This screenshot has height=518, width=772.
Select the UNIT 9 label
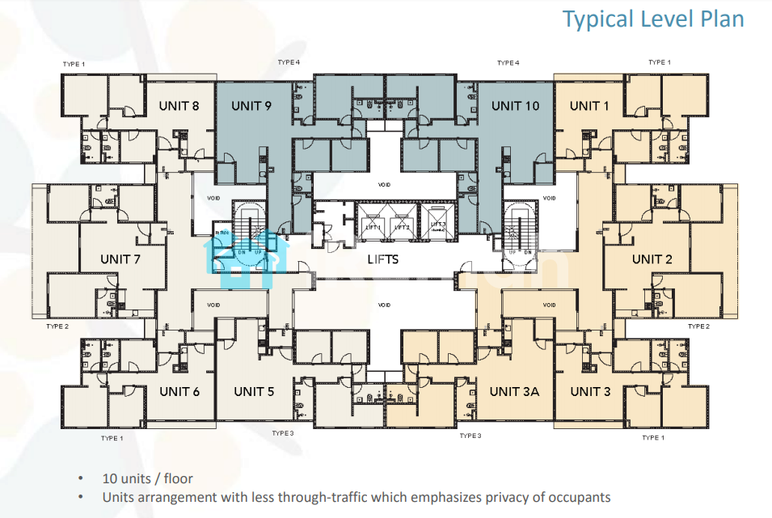point(251,106)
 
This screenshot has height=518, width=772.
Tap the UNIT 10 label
point(515,106)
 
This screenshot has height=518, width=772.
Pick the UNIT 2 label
point(652,259)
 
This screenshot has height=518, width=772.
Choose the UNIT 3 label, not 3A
point(590,392)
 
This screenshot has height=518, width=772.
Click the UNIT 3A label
point(515,392)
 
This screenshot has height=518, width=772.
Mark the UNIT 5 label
point(254,392)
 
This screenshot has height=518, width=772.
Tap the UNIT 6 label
point(179,392)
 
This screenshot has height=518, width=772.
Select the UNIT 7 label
point(120,259)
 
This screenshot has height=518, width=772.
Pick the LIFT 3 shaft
point(437,226)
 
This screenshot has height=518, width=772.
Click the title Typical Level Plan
point(653,19)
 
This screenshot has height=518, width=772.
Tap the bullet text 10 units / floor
point(147,478)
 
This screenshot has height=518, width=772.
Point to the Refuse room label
point(221,234)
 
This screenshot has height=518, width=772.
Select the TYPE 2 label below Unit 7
point(57,327)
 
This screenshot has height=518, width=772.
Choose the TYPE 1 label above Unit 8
point(74,63)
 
